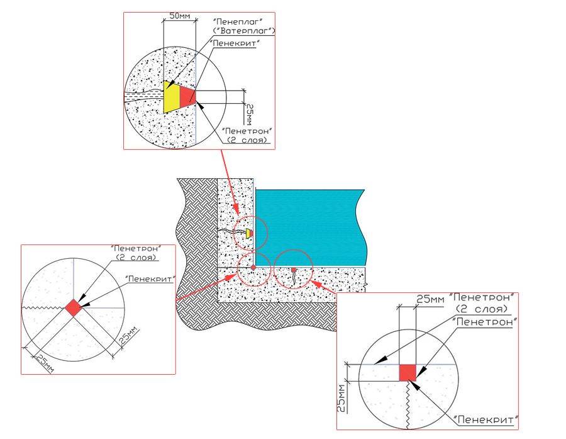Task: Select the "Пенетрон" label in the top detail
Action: [x=250, y=132]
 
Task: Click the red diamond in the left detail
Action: [x=74, y=307]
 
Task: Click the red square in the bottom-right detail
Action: [x=408, y=372]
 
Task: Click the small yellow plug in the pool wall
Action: [x=249, y=234]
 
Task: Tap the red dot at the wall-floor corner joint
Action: [x=253, y=267]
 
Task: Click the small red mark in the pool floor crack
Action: [x=293, y=270]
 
